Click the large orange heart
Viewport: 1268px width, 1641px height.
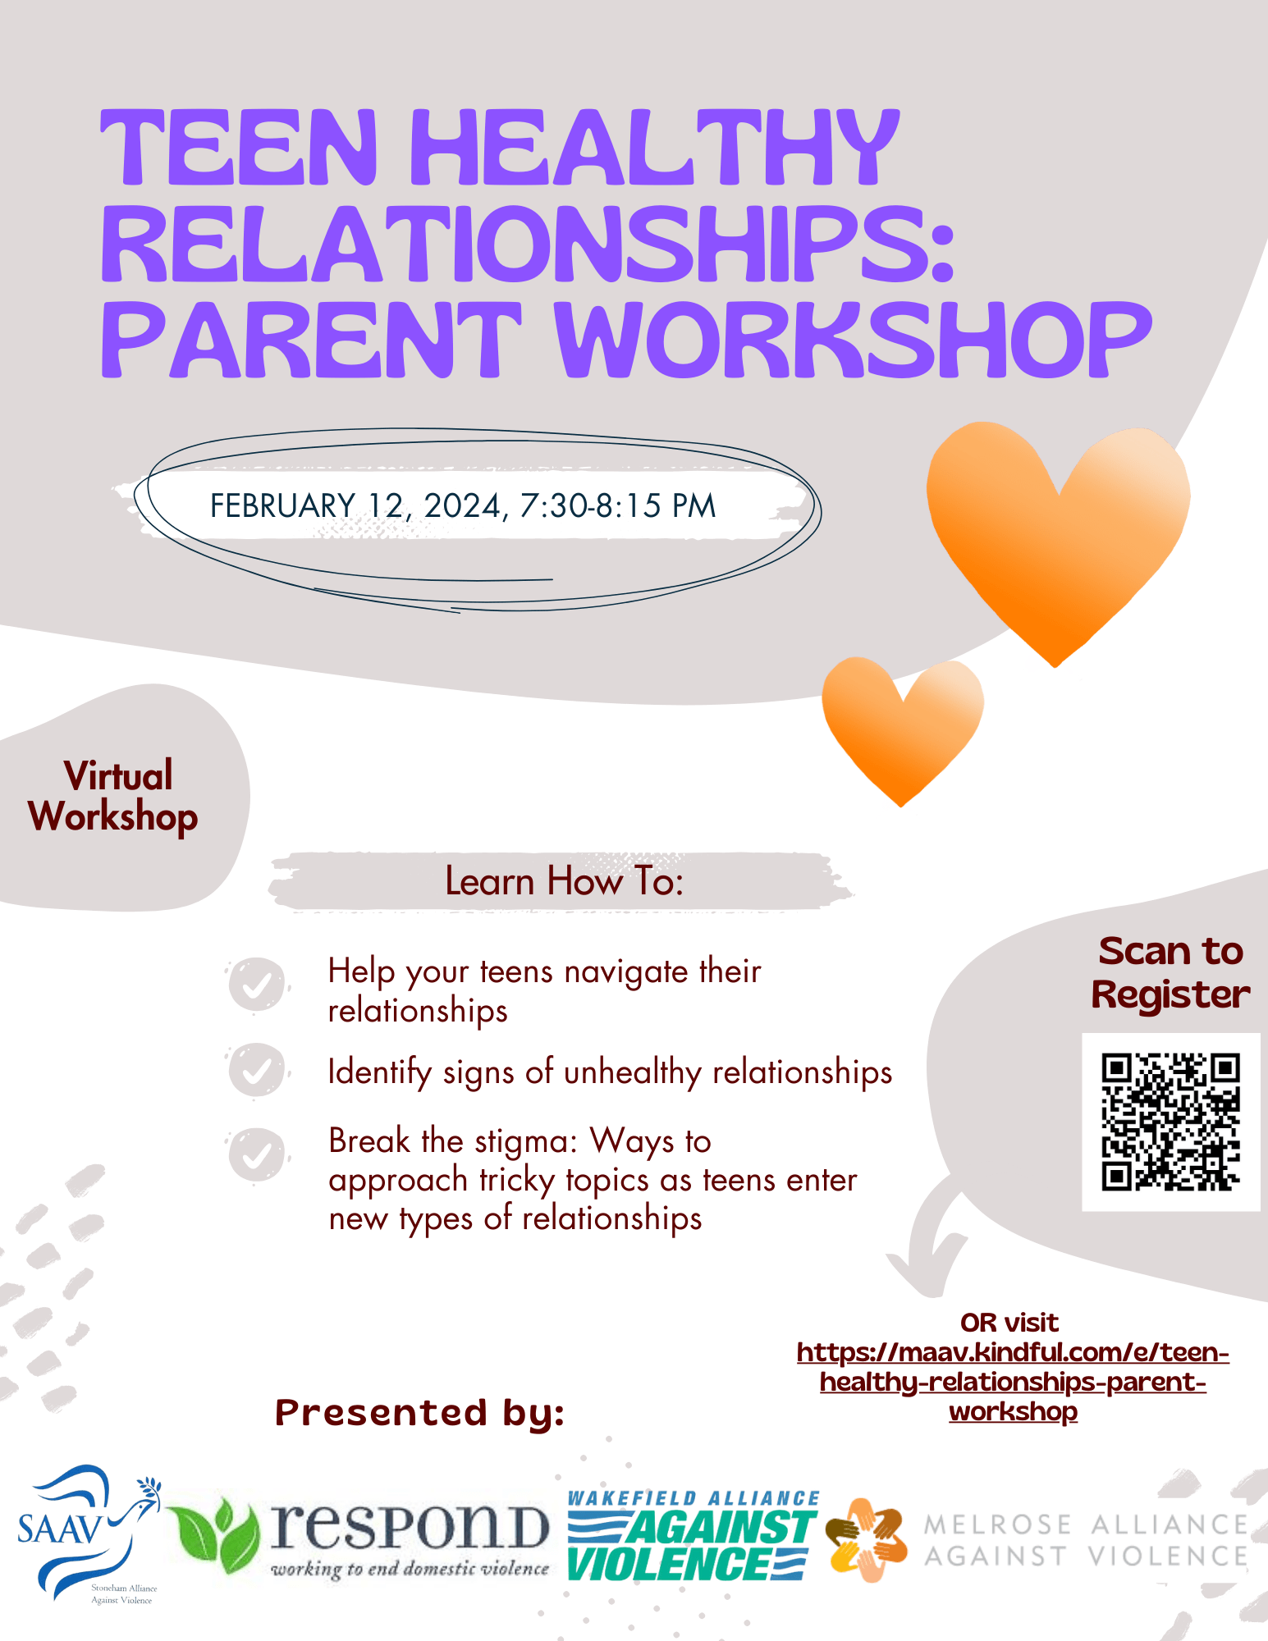click(x=1057, y=533)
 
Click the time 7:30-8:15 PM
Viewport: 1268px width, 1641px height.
click(x=617, y=505)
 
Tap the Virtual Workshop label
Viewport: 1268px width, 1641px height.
click(x=114, y=797)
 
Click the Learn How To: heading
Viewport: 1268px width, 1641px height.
click(x=564, y=882)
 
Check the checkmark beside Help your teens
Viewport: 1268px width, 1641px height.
click(x=257, y=984)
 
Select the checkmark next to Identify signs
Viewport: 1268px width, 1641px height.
click(x=257, y=1070)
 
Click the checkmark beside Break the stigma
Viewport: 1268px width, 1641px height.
click(x=257, y=1155)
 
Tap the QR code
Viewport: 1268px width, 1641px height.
click(x=1170, y=1121)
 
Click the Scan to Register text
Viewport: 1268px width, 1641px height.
click(x=1170, y=973)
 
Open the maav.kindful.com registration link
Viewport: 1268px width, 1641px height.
click(x=1013, y=1382)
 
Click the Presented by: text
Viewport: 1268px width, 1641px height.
click(x=419, y=1413)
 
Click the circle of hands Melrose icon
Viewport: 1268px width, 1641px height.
click(x=866, y=1540)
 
